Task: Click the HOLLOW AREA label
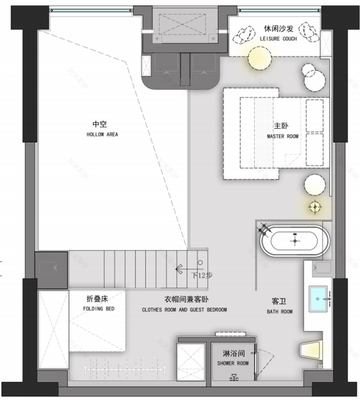(102, 134)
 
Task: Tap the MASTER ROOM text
(282, 136)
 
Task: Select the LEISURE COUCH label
(278, 39)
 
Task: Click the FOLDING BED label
(99, 309)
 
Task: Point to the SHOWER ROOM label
(232, 363)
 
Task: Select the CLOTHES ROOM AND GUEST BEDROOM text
(184, 310)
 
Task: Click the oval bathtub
(294, 240)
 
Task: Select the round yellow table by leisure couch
(259, 58)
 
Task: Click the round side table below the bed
(315, 185)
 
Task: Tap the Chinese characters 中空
(99, 124)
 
